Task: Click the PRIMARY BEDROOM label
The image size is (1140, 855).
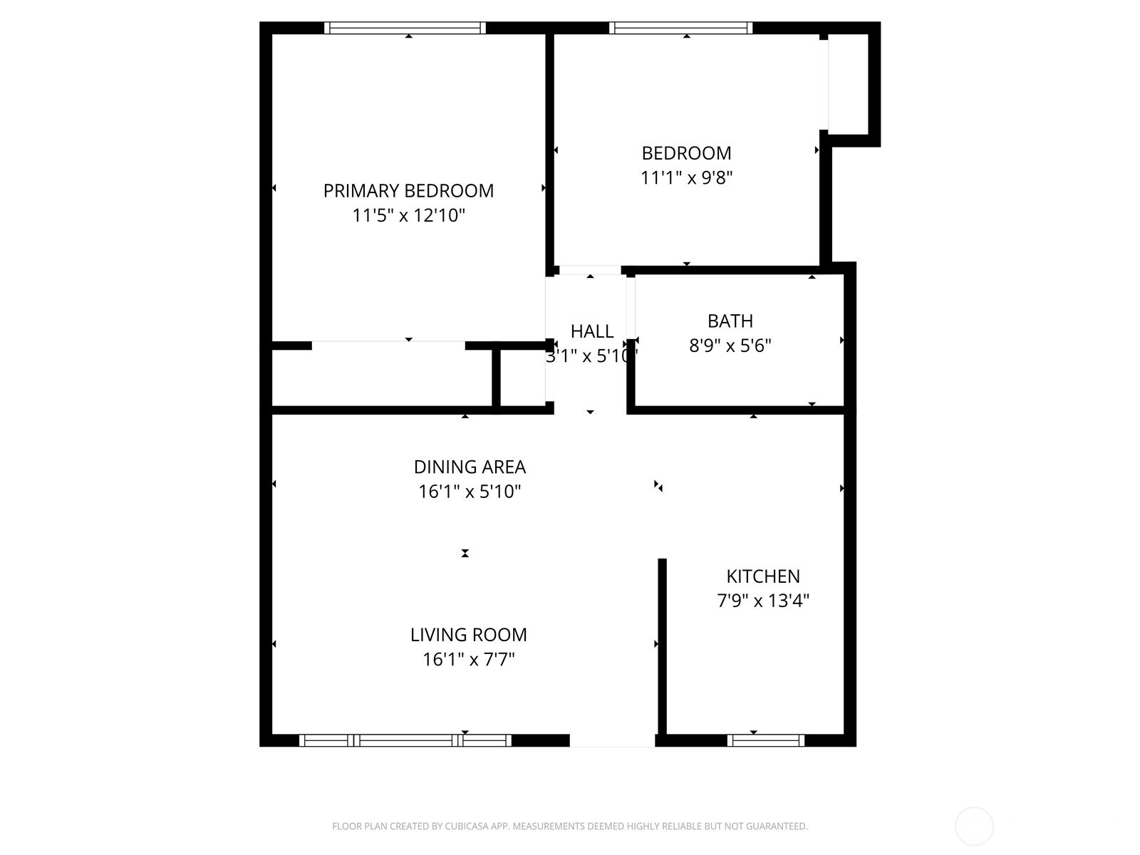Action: pyautogui.click(x=408, y=191)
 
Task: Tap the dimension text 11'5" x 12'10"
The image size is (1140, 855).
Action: pyautogui.click(x=408, y=215)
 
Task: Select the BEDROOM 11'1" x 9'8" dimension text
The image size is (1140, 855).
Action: pyautogui.click(x=686, y=177)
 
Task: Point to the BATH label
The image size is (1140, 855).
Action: pyautogui.click(x=730, y=321)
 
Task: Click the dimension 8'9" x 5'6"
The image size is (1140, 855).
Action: pyautogui.click(x=730, y=346)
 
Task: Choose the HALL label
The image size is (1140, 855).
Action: pyautogui.click(x=591, y=331)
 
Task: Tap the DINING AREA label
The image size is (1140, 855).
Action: pyautogui.click(x=470, y=467)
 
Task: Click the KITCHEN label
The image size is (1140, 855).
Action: pyautogui.click(x=762, y=576)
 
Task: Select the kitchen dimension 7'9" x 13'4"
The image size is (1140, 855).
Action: pyautogui.click(x=762, y=601)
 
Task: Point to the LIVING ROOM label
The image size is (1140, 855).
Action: pyautogui.click(x=468, y=635)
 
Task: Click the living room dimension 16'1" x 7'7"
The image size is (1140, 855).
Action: pyautogui.click(x=468, y=659)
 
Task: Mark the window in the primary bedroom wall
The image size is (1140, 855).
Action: pyautogui.click(x=405, y=28)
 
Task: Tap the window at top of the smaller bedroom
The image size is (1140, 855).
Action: pyautogui.click(x=680, y=28)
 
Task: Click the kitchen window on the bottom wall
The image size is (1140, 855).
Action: pyautogui.click(x=766, y=740)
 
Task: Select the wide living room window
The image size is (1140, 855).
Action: pyautogui.click(x=405, y=740)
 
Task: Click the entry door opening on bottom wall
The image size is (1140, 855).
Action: pyautogui.click(x=612, y=741)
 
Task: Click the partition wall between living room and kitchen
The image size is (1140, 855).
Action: pyautogui.click(x=662, y=645)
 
